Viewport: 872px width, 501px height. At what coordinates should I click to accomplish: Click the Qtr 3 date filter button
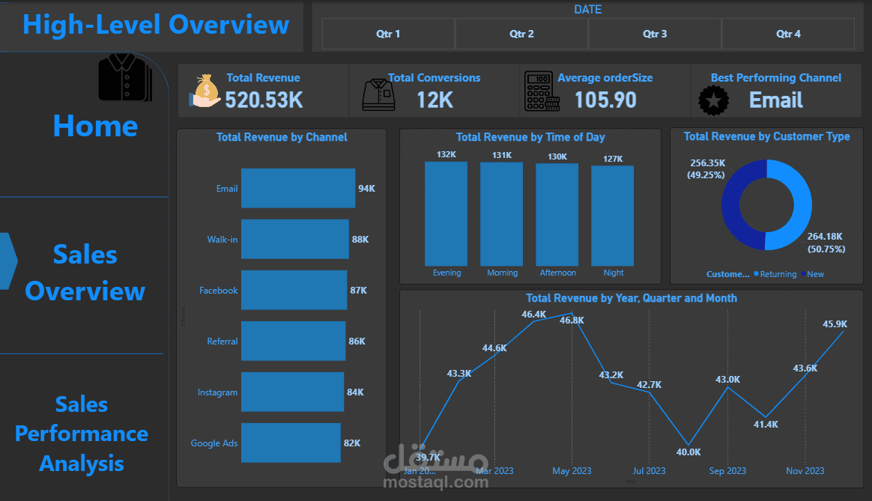coord(655,34)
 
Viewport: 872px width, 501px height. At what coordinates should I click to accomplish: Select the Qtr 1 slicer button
coord(388,34)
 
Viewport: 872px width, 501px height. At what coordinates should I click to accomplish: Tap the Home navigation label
coord(95,126)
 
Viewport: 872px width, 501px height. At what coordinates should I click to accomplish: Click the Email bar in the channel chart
coord(297,188)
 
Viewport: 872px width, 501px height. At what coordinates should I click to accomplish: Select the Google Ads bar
coord(290,443)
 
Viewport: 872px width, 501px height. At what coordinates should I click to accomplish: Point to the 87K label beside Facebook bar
coord(358,291)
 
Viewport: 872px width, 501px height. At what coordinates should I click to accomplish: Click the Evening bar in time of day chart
coord(446,213)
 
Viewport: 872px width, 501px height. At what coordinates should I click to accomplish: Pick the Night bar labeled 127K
coord(612,216)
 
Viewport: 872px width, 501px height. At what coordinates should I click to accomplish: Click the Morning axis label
coord(502,273)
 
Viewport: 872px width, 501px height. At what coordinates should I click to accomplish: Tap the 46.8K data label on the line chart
coord(572,320)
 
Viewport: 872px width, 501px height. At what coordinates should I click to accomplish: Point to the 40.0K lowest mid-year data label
coord(688,452)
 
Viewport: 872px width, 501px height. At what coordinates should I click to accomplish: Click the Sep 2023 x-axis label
coord(727,471)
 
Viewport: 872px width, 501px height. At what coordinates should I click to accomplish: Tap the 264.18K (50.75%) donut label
coord(826,243)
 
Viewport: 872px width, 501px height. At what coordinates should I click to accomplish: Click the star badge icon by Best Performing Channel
coord(713,100)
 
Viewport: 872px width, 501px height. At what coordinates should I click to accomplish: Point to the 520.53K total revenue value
coord(264,100)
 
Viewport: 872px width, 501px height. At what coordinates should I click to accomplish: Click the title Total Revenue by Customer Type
coord(766,136)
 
